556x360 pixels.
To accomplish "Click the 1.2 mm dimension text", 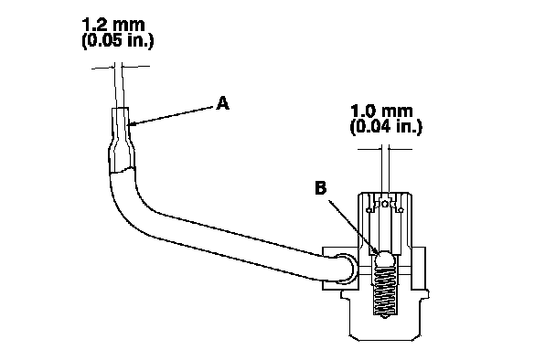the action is click(x=113, y=25).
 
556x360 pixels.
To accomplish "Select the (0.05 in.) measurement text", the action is click(x=118, y=41).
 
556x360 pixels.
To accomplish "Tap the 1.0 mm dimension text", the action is click(x=382, y=111).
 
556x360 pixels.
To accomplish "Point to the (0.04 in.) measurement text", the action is click(x=386, y=127).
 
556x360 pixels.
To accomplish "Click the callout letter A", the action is click(x=223, y=103).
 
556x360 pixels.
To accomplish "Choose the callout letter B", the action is click(x=321, y=188).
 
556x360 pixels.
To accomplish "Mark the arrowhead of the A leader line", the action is click(x=129, y=124).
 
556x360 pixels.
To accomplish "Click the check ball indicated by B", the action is click(x=385, y=259).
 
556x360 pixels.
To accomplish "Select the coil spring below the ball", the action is click(x=385, y=291).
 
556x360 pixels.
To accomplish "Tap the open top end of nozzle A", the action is click(x=120, y=108).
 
